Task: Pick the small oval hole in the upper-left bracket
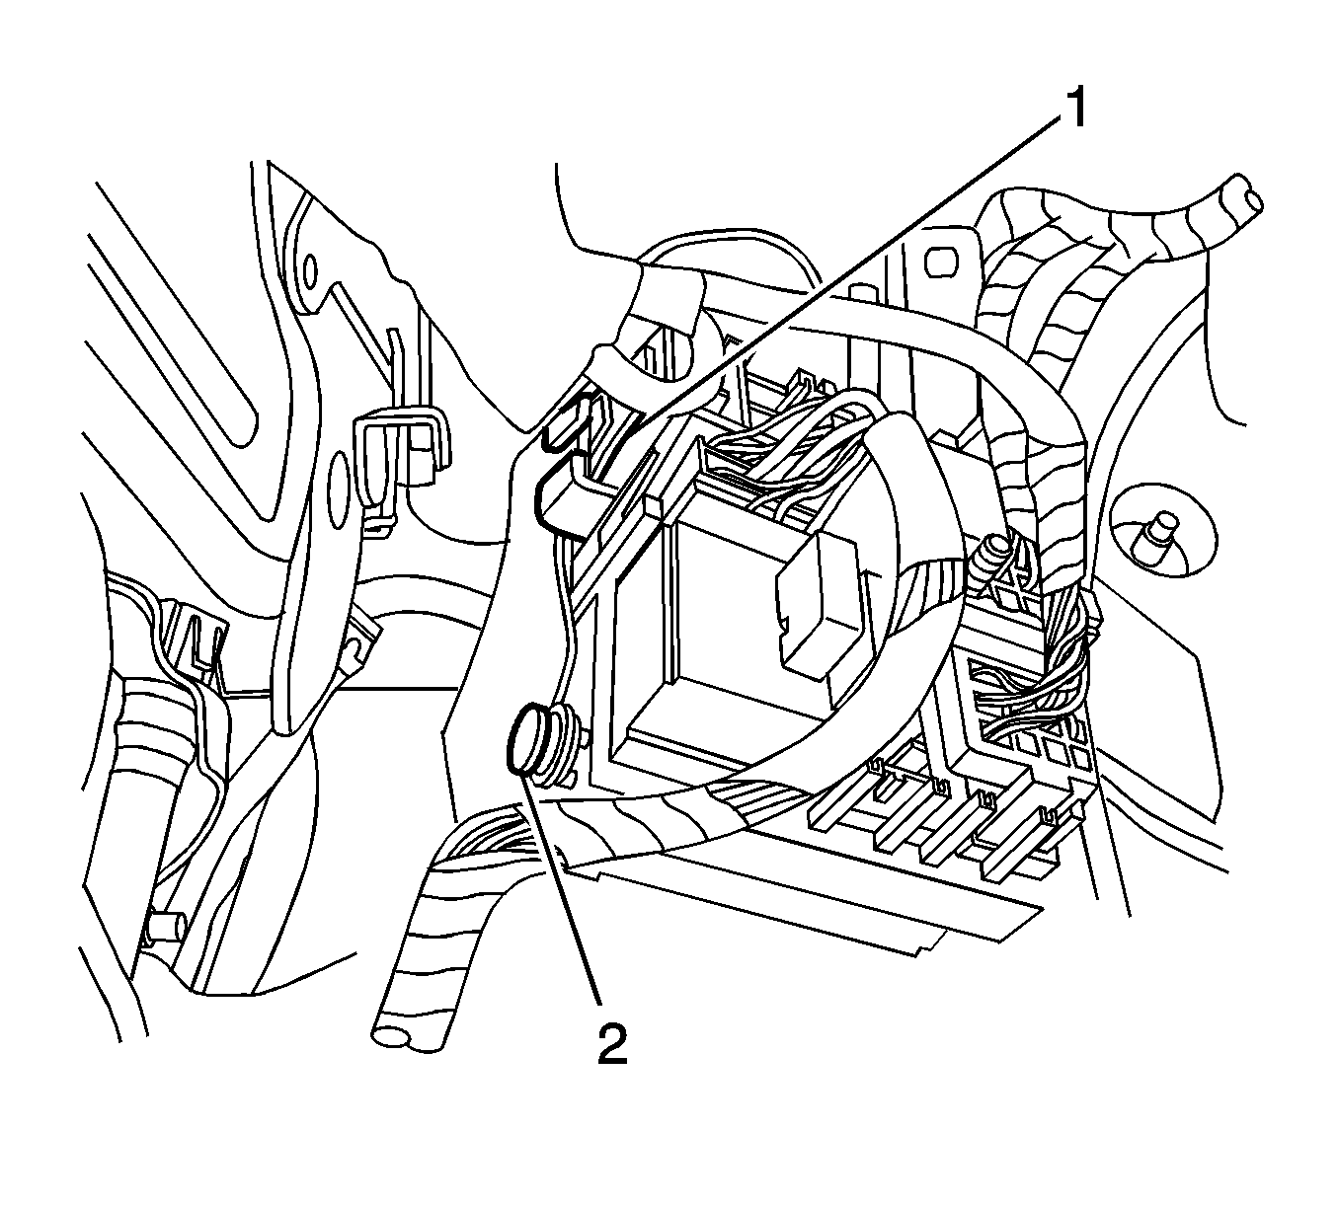(x=312, y=269)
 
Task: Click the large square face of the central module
(x=721, y=612)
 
